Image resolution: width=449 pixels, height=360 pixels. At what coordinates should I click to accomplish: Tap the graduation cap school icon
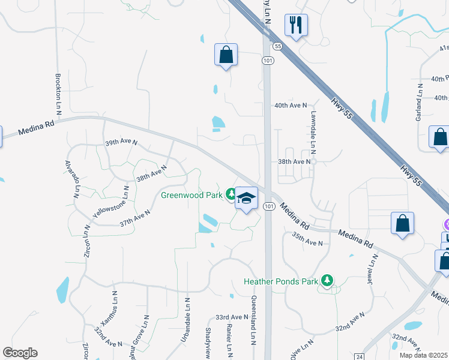(x=246, y=197)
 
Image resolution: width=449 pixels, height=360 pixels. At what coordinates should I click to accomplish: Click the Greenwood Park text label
(x=191, y=194)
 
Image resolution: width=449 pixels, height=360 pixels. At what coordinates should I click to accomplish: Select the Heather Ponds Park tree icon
(x=327, y=280)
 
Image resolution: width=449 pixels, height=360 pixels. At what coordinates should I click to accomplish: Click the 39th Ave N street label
(x=121, y=143)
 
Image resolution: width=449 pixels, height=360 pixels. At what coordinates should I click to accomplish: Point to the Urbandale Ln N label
(x=186, y=321)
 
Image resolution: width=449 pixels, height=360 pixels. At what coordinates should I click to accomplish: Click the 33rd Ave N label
(x=232, y=317)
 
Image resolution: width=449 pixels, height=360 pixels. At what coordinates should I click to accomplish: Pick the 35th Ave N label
(x=308, y=242)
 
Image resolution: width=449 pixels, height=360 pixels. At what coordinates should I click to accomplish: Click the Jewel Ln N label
(x=373, y=268)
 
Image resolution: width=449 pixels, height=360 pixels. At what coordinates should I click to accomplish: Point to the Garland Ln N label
(x=419, y=103)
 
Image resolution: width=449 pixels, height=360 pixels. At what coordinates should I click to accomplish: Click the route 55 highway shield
(x=277, y=46)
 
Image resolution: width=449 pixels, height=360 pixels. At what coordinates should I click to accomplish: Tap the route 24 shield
(x=358, y=356)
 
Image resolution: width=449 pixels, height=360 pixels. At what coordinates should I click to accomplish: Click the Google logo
(x=20, y=352)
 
